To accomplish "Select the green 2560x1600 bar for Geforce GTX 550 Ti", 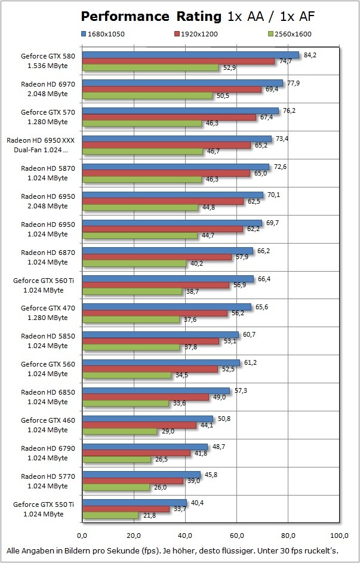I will [110, 515].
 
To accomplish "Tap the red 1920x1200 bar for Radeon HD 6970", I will [172, 90].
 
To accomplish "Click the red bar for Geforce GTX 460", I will [139, 425].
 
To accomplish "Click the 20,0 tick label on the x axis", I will [134, 534].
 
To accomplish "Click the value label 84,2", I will [310, 54].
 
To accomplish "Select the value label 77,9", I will [293, 83].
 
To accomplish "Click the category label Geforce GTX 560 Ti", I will [42, 279].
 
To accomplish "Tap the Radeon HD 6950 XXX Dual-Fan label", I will [41, 144].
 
